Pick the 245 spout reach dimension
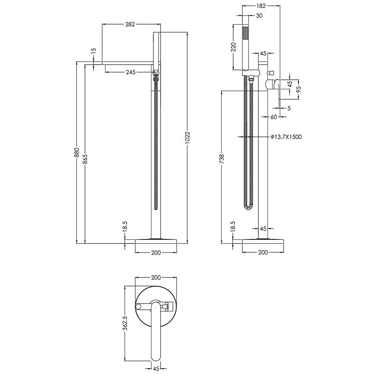click(x=131, y=72)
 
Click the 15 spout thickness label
click(x=94, y=50)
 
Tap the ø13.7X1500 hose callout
click(x=286, y=137)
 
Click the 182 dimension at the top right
click(x=260, y=6)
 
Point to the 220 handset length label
click(x=234, y=47)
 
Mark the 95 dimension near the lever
click(x=299, y=89)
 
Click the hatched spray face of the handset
click(x=246, y=34)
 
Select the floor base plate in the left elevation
click(x=156, y=240)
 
